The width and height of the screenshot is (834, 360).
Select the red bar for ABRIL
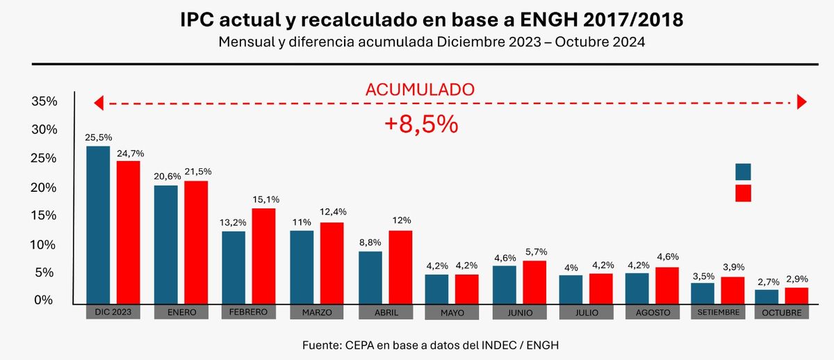coord(400,268)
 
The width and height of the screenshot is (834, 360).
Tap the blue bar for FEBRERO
coord(234,268)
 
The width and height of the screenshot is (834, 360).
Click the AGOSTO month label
coord(653,313)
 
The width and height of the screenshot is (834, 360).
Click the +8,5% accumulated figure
coord(421,124)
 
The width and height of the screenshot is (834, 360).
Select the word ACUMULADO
coord(420,89)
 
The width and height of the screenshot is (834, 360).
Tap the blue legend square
coord(743,172)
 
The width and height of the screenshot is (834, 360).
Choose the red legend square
coord(743,193)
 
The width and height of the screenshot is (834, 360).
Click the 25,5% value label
coord(98,137)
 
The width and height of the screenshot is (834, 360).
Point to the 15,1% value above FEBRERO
coord(264,199)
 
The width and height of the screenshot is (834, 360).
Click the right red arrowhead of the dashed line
coord(802,103)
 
